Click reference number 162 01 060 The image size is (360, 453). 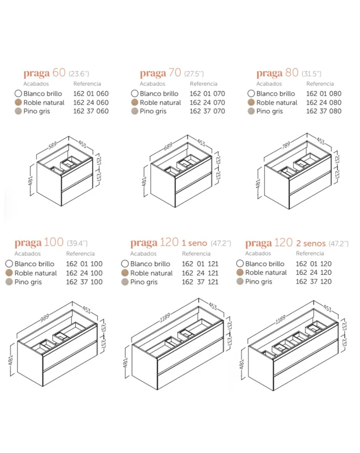[91, 94]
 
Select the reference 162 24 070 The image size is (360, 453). [207, 103]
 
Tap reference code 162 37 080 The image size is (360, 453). [324, 111]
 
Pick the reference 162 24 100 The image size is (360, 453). [84, 273]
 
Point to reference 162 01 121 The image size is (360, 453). [200, 264]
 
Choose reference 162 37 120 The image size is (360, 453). [314, 281]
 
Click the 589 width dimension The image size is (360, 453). [53, 145]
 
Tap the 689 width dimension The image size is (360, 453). [168, 146]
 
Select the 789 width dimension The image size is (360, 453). [286, 145]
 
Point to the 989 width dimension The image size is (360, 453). [45, 318]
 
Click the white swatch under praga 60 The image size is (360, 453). [18, 94]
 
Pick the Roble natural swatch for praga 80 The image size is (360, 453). [251, 102]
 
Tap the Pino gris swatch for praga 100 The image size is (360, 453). [9, 282]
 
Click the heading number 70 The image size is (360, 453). [175, 72]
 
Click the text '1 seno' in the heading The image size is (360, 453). [194, 243]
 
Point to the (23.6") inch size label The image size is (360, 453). [79, 74]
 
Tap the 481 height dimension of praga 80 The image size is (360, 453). [258, 184]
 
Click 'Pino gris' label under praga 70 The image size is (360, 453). [153, 112]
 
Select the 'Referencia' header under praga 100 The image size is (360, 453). [81, 254]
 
